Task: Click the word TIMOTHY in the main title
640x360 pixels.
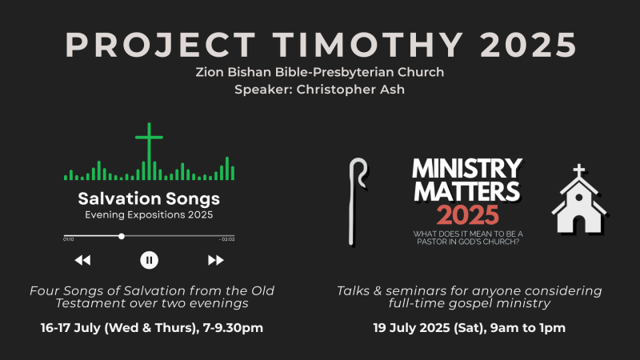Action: click(368, 45)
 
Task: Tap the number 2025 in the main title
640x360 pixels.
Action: click(529, 45)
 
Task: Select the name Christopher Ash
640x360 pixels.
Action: click(350, 90)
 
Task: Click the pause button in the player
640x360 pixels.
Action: click(149, 260)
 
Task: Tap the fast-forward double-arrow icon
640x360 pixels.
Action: click(215, 260)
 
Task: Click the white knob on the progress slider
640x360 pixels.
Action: click(122, 236)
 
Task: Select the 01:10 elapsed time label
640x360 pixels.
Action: click(69, 239)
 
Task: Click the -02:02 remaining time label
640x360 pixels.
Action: click(227, 239)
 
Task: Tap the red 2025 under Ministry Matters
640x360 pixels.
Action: click(468, 215)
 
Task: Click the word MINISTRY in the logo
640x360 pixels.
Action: click(467, 169)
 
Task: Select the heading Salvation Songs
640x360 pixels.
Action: click(149, 198)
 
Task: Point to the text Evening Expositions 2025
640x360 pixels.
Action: click(149, 215)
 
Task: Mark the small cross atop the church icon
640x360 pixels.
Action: click(578, 170)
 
